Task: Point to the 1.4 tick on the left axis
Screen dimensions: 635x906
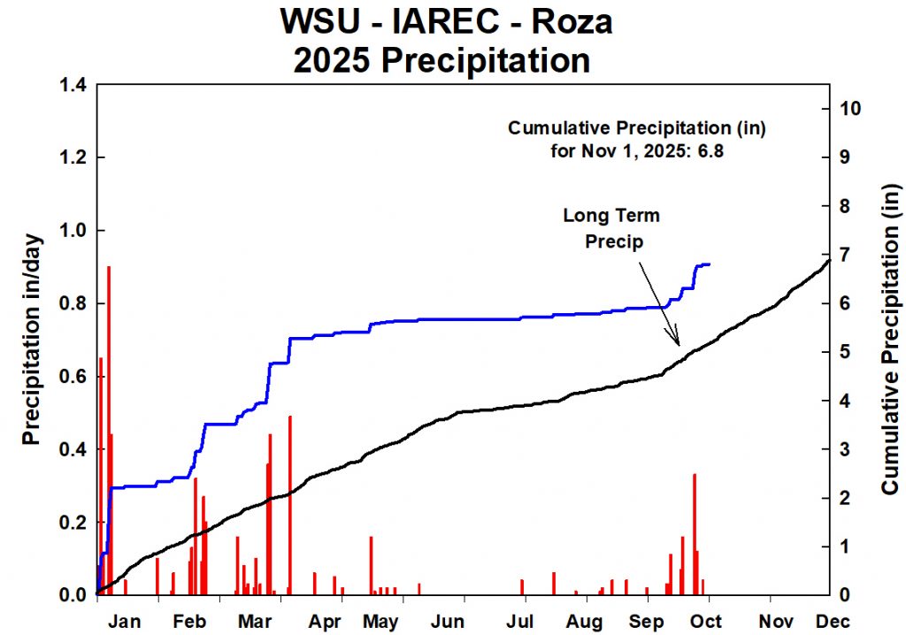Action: pyautogui.click(x=72, y=85)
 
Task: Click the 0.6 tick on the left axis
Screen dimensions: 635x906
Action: pyautogui.click(x=72, y=377)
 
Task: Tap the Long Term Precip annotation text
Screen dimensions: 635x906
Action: pyautogui.click(x=611, y=227)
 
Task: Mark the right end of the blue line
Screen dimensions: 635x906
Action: pyautogui.click(x=710, y=264)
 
